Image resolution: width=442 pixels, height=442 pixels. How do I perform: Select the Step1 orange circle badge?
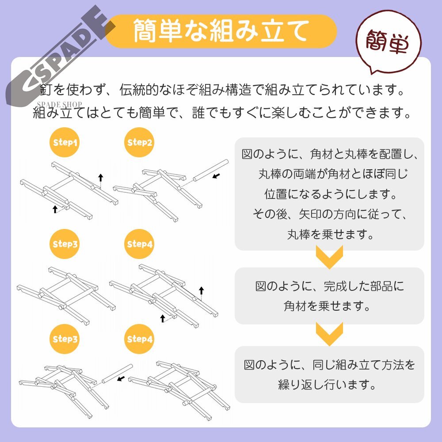[x=65, y=143]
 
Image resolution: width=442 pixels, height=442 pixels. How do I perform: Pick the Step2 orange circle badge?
[x=140, y=143]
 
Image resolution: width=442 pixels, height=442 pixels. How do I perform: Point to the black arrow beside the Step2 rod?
[x=216, y=176]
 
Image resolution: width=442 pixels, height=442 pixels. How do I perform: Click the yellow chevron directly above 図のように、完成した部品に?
[x=330, y=258]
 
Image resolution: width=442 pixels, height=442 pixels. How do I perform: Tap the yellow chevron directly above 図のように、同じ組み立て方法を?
[x=330, y=334]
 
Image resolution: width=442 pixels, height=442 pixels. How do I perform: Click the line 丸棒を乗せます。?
[x=330, y=234]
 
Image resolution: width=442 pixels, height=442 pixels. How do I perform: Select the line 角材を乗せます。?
[x=330, y=306]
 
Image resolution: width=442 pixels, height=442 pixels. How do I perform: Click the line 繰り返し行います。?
[x=330, y=385]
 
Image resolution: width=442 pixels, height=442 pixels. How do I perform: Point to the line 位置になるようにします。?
[x=330, y=194]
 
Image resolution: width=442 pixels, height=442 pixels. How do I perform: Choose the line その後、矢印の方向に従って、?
[x=330, y=214]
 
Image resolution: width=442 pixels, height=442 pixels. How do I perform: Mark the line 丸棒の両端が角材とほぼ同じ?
[x=330, y=174]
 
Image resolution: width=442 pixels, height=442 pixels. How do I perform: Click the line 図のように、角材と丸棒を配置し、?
[x=330, y=154]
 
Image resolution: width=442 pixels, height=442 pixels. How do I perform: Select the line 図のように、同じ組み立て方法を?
[x=330, y=365]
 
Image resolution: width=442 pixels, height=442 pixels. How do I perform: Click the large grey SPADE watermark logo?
[x=60, y=55]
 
